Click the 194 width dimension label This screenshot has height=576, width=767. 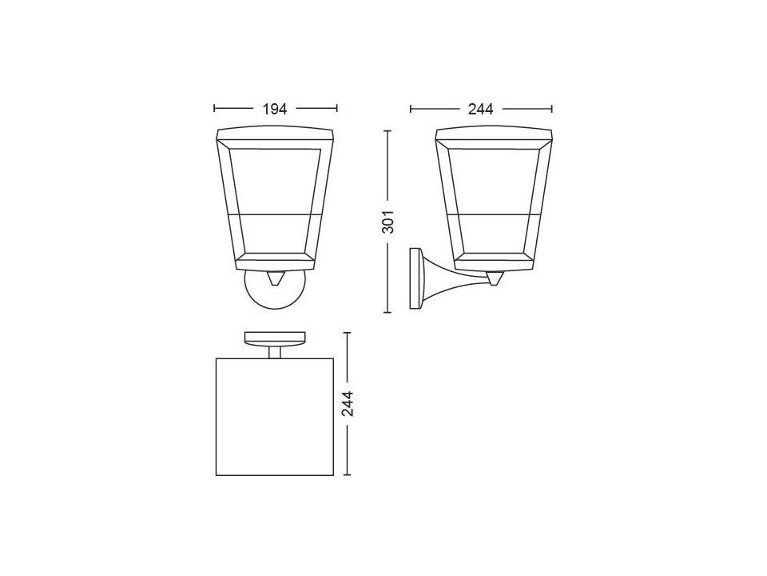pos(275,109)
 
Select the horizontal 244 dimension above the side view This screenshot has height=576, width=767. pos(481,109)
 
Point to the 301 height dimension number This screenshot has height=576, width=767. pos(387,222)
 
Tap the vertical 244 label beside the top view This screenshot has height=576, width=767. pos(348,403)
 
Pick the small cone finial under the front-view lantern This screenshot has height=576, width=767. pos(276,278)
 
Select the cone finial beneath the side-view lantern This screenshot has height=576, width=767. pos(494,278)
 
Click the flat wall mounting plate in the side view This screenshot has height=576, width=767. pos(415,278)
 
